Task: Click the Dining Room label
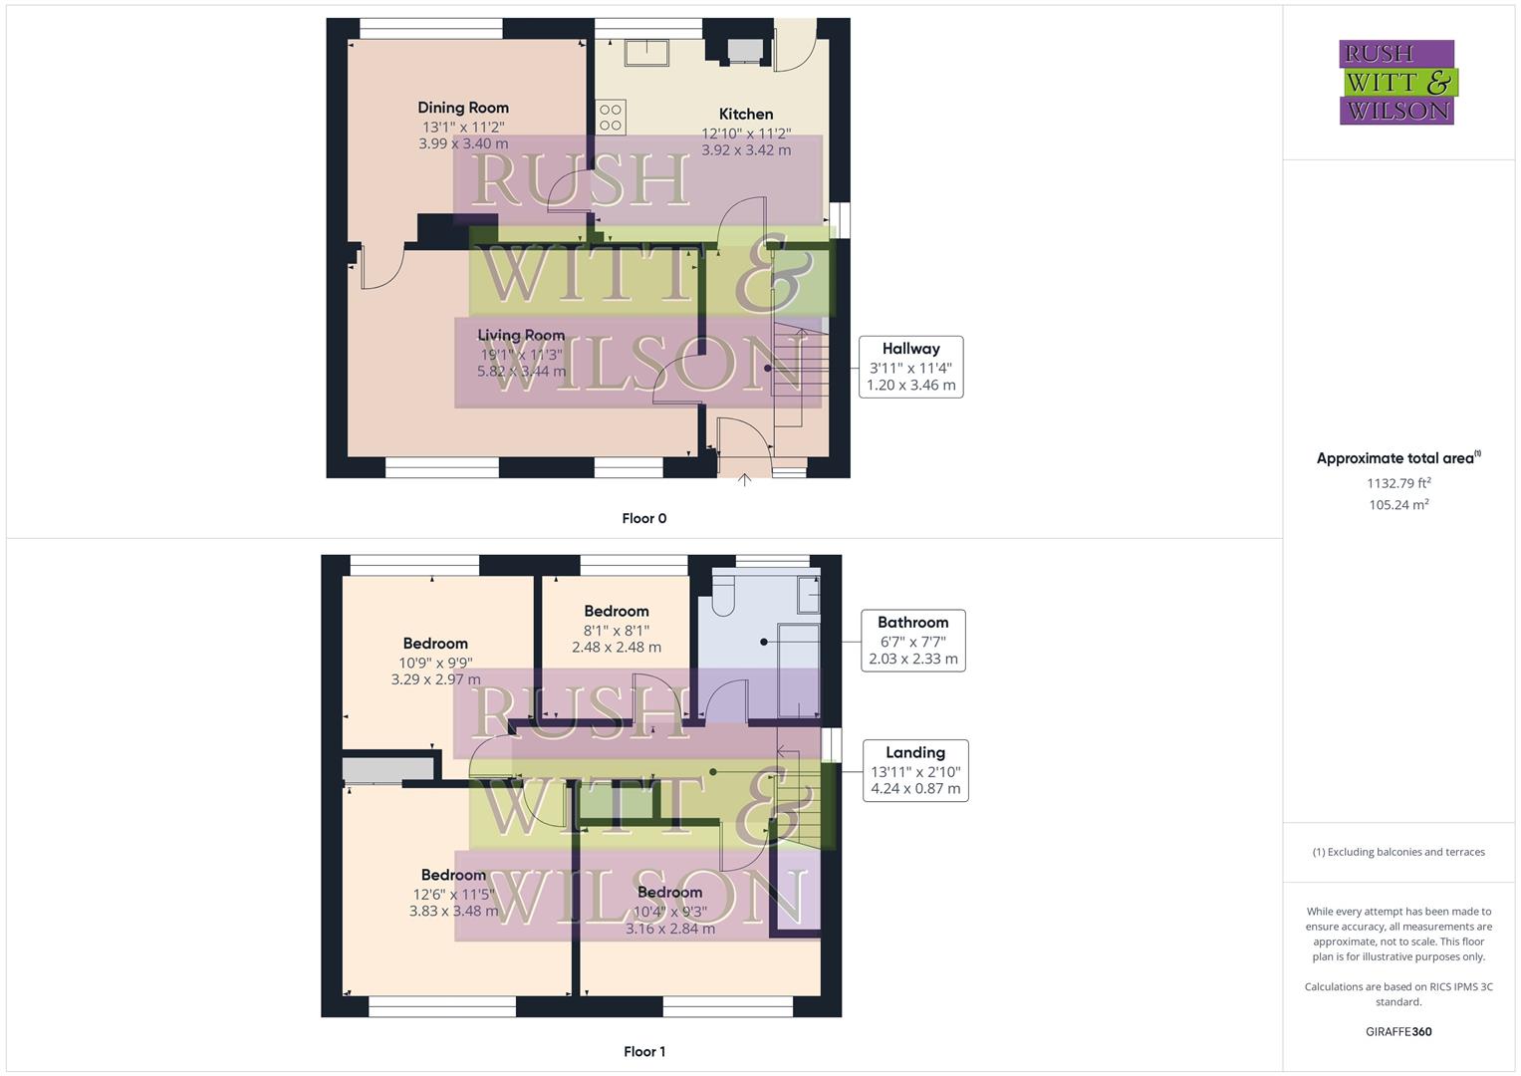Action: tap(462, 108)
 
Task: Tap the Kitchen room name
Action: tap(746, 114)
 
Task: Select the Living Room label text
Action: tap(521, 336)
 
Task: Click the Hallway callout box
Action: tap(910, 367)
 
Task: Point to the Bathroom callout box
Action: tap(912, 640)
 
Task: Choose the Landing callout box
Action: tap(914, 770)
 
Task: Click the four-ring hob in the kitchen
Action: tap(611, 118)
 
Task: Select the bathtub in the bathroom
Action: tap(798, 670)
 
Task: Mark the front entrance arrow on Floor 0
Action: tap(744, 481)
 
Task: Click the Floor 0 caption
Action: tap(644, 518)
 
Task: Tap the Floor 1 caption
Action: tap(644, 1051)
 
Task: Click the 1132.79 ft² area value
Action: tap(1398, 483)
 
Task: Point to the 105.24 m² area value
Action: tap(1398, 505)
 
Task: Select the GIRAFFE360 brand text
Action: tap(1398, 1032)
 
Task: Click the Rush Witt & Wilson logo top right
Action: tap(1396, 82)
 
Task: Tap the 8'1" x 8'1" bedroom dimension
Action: tap(617, 630)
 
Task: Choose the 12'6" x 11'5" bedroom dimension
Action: tap(453, 894)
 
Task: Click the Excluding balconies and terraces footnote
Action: tap(1398, 852)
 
